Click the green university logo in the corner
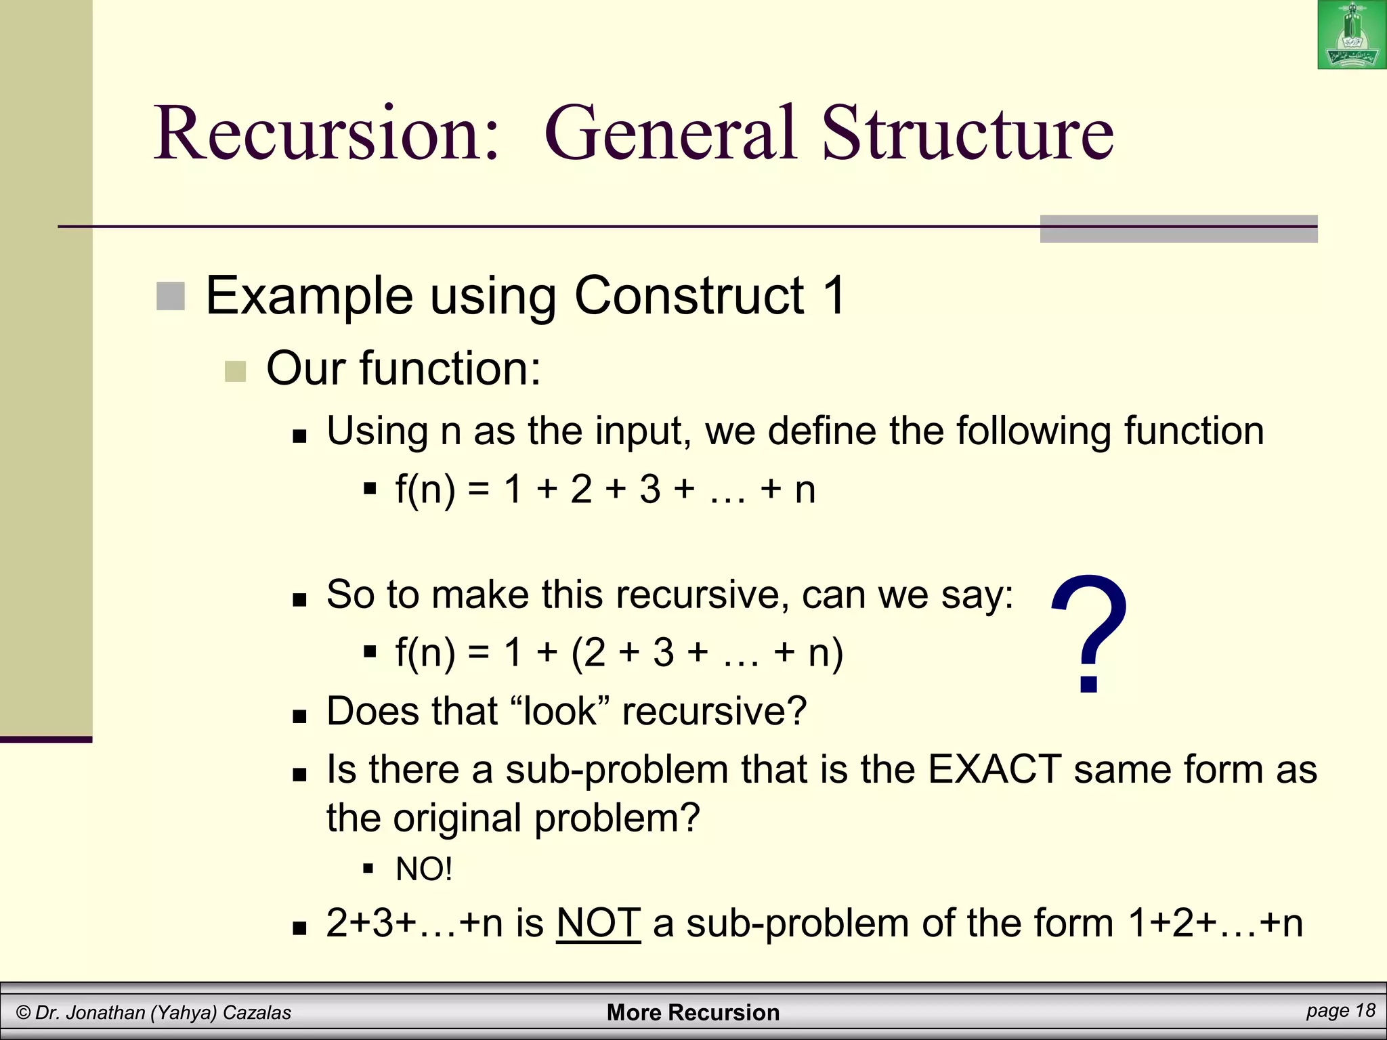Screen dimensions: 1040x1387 pyautogui.click(x=1351, y=35)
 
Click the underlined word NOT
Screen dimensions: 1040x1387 pyautogui.click(x=598, y=923)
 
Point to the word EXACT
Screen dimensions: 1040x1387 pyautogui.click(x=994, y=770)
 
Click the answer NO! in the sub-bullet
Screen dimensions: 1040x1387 pyautogui.click(x=424, y=869)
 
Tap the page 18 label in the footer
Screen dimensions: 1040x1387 pyautogui.click(x=1340, y=1011)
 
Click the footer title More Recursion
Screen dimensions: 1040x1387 pyautogui.click(x=693, y=1012)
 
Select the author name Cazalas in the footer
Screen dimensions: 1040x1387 pyautogui.click(x=257, y=1013)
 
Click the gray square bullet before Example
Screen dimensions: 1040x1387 pyautogui.click(x=171, y=297)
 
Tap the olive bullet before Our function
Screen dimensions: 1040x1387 pyautogui.click(x=235, y=371)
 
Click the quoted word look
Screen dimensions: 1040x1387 pyautogui.click(x=560, y=712)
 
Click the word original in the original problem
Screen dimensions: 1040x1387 pyautogui.click(x=457, y=819)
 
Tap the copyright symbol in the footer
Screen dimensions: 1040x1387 pyautogui.click(x=23, y=1013)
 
